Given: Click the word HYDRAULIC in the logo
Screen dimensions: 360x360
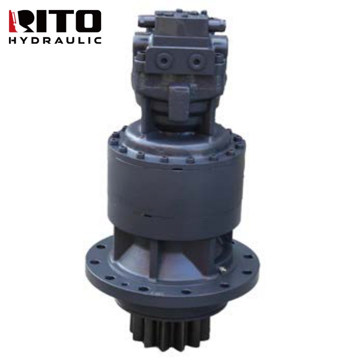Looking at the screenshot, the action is tap(55, 40).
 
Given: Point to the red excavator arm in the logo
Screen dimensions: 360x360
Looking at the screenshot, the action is tap(13, 21).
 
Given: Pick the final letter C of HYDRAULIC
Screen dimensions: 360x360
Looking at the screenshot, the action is tap(98, 40).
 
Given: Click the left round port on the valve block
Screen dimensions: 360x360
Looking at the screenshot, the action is tap(164, 60).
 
